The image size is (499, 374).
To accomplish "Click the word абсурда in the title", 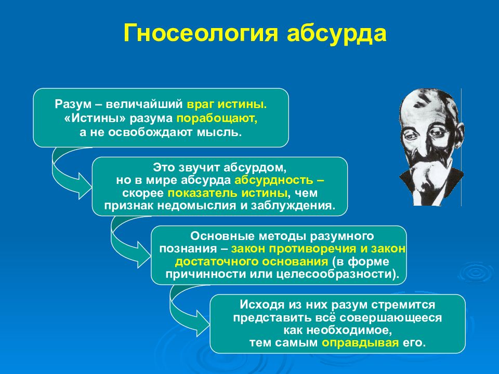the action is point(337,33).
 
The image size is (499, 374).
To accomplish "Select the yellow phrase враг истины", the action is point(227,104).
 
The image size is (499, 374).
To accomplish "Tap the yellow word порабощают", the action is point(217,118).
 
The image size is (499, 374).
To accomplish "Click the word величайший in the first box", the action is point(145,104).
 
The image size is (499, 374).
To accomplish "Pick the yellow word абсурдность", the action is point(274,180).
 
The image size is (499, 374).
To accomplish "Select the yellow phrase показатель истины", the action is point(227,193).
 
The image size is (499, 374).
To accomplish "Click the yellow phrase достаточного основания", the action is point(252,262).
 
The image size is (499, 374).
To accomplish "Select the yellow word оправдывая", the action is point(360,343).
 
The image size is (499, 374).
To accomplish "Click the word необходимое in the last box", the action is point(338,330).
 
